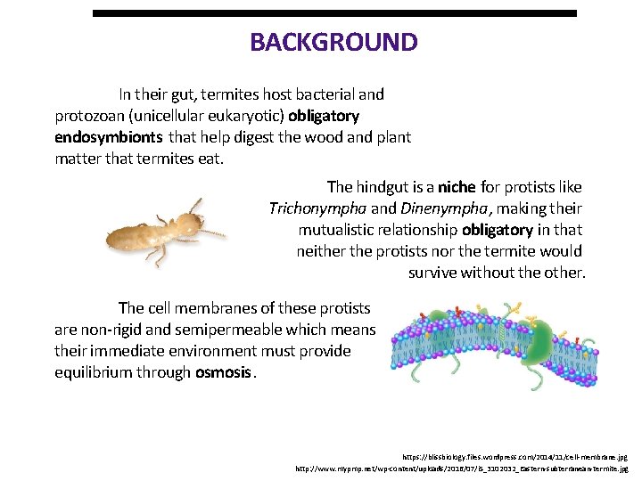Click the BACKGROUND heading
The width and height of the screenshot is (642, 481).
pos(333,42)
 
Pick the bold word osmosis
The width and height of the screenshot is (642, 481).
pos(223,372)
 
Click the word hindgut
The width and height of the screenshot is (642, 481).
pos(385,187)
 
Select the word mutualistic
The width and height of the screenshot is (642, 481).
pos(340,230)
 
